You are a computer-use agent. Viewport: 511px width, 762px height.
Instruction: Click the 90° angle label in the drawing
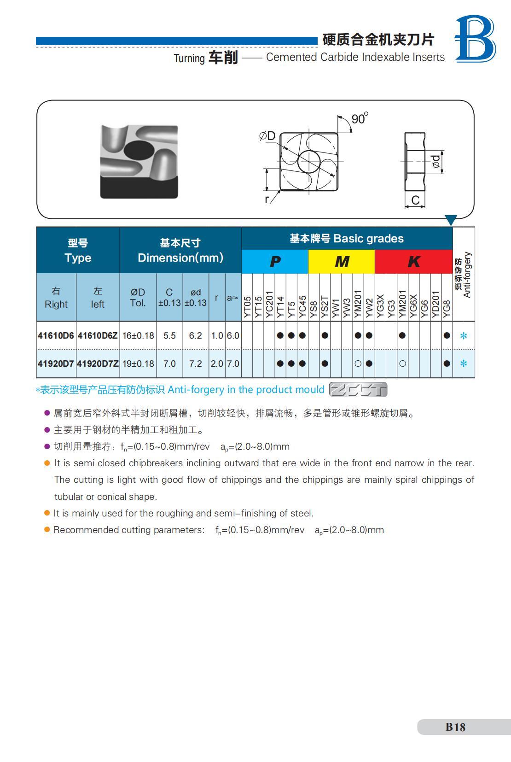point(360,119)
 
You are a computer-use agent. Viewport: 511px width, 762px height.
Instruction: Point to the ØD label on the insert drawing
point(267,136)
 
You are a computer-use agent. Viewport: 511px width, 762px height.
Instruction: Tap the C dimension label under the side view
point(415,200)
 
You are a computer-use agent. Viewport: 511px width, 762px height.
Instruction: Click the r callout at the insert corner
point(267,199)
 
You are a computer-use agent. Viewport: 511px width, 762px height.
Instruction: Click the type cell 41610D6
point(56,335)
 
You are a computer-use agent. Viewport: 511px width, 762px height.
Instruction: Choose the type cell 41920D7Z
point(98,363)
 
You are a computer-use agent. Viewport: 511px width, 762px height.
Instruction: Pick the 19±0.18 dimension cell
point(138,363)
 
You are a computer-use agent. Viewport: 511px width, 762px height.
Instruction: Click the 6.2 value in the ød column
point(196,335)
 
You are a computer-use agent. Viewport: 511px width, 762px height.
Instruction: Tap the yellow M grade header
point(342,262)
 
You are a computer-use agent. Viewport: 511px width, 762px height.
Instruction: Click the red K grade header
point(413,262)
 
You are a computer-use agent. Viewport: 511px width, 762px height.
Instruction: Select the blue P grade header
point(275,262)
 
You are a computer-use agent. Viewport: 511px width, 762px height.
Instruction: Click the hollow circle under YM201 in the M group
point(358,363)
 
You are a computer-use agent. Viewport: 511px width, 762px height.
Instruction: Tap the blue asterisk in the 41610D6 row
point(464,336)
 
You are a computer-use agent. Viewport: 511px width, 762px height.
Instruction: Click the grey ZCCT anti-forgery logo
point(358,390)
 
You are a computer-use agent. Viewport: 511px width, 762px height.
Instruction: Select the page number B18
point(455,727)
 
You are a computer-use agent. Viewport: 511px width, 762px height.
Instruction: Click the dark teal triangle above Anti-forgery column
point(451,220)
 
